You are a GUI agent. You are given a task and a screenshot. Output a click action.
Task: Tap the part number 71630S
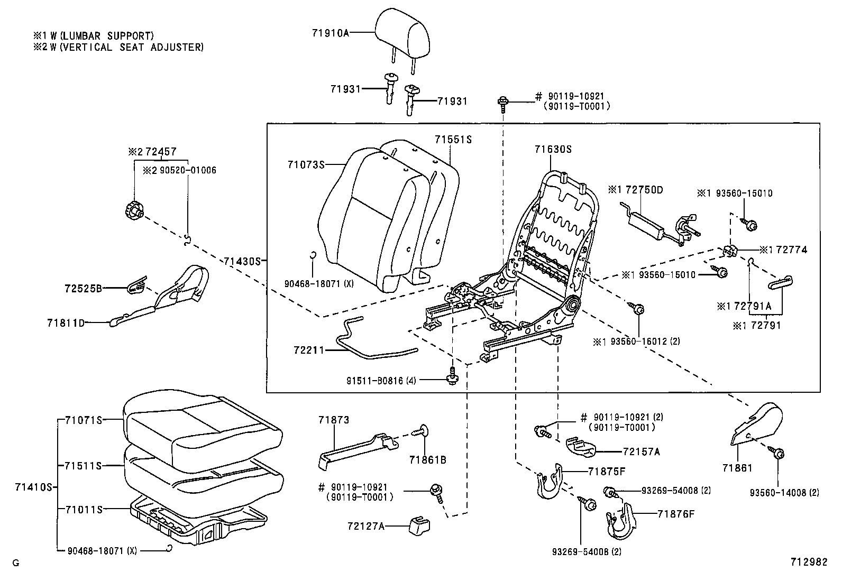pyautogui.click(x=553, y=150)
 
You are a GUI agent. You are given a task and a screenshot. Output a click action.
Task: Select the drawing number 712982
pyautogui.click(x=809, y=562)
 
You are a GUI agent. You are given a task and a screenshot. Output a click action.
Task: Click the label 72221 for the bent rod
pyautogui.click(x=309, y=350)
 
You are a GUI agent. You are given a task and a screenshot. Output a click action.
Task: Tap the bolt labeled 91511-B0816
pyautogui.click(x=452, y=375)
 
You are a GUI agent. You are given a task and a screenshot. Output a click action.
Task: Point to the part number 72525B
pyautogui.click(x=82, y=289)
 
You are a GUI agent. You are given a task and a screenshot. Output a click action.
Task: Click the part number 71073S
pyautogui.click(x=306, y=165)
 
